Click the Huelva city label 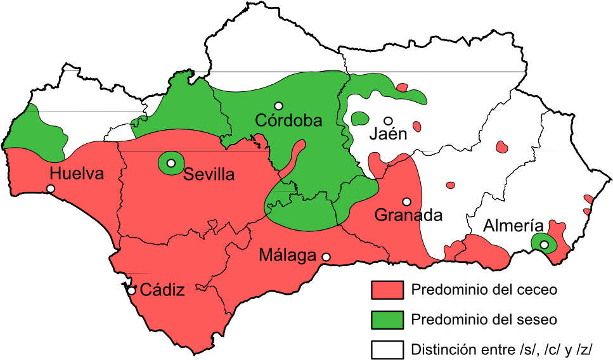[77, 173]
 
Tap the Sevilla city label [209, 174]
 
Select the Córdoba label [288, 120]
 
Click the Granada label [408, 215]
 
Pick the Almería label [513, 226]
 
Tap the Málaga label [288, 255]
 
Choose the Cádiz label [162, 290]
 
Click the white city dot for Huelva [51, 188]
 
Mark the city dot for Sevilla [171, 163]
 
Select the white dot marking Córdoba [278, 105]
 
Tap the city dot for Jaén [388, 120]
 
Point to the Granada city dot [406, 202]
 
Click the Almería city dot [544, 245]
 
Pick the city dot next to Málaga [326, 257]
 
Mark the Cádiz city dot [132, 291]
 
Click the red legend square [387, 290]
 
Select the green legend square [387, 320]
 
